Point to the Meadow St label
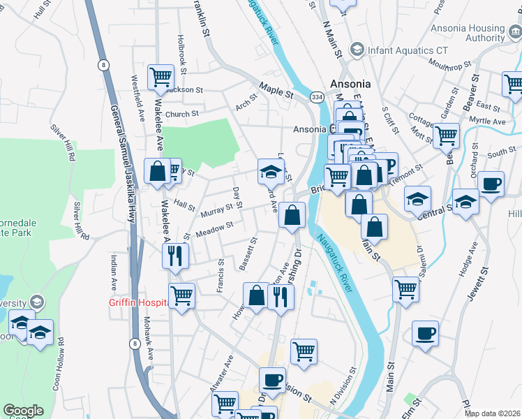coord(214,229)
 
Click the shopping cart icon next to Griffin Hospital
coord(181,295)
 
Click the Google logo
coord(22,411)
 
